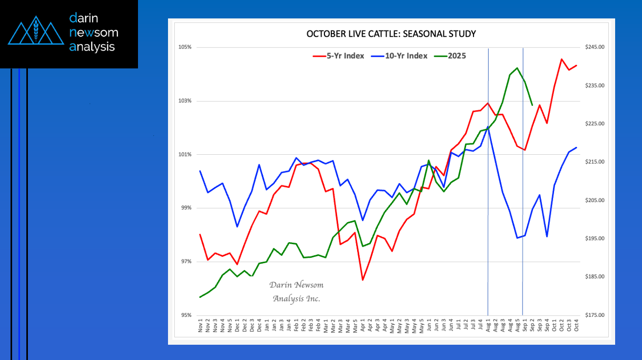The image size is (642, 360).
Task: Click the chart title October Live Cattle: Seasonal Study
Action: pos(391,34)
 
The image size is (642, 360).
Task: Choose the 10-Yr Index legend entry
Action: pos(400,56)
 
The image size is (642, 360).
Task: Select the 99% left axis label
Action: pos(185,208)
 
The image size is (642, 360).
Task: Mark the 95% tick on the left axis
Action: pos(185,315)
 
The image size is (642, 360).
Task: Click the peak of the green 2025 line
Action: pos(517,68)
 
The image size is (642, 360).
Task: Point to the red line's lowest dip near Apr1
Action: pos(362,279)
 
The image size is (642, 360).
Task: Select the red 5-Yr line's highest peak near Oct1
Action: pos(561,59)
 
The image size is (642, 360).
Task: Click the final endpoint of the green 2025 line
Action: pos(532,105)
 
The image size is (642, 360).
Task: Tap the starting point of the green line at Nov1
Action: pos(200,297)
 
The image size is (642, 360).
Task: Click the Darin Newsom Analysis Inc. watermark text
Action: pos(296,292)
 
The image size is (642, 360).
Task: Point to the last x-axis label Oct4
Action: pos(577,326)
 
